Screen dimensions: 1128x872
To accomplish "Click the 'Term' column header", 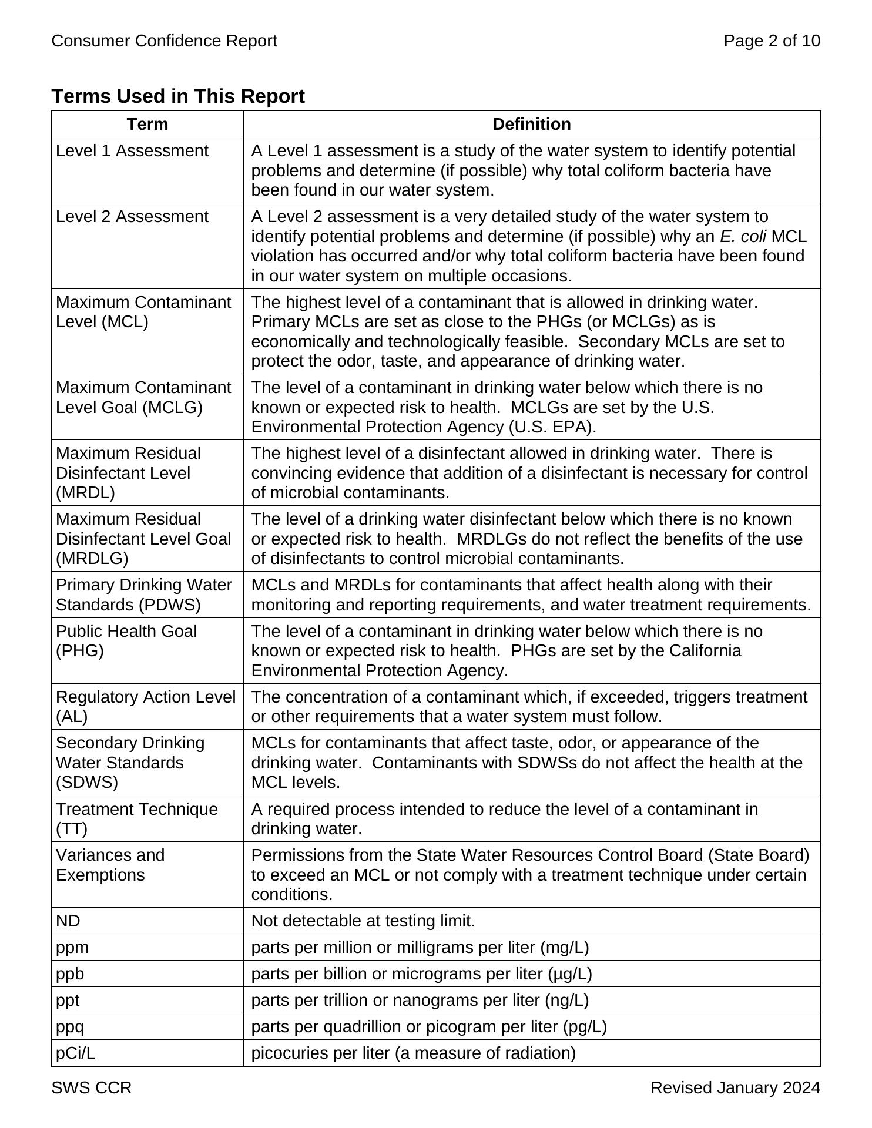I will (x=147, y=125).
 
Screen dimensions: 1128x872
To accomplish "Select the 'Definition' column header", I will (x=531, y=125).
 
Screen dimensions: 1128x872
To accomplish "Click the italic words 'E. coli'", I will (x=743, y=237).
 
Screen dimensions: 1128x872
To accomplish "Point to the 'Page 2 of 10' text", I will (x=772, y=41).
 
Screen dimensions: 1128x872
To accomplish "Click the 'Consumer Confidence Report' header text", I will (x=165, y=41).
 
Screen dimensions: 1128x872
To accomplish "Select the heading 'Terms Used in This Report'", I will (x=178, y=96).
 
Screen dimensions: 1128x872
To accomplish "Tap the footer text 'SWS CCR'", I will (x=92, y=1089).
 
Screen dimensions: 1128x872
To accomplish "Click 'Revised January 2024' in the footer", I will (x=735, y=1089).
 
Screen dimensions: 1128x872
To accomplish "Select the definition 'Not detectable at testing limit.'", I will (x=363, y=921).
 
